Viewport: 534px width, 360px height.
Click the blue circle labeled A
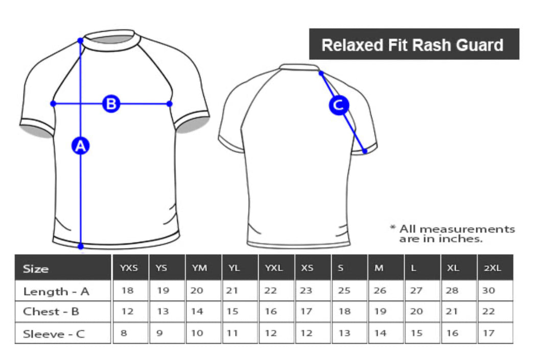click(x=80, y=146)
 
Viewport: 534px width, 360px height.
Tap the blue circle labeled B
click(x=111, y=104)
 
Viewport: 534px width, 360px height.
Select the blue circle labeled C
click(x=338, y=106)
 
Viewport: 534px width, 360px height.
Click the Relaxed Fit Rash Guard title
click(x=413, y=45)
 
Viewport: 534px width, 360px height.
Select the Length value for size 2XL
click(x=490, y=291)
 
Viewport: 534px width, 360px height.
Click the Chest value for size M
click(x=380, y=312)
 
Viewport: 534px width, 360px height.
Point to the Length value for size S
click(x=344, y=291)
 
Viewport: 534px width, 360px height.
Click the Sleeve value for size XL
click(x=453, y=333)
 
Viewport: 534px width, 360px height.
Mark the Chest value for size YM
click(x=197, y=312)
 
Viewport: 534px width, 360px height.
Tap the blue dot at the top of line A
click(x=80, y=40)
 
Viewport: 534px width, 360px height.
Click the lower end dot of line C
click(x=365, y=151)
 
